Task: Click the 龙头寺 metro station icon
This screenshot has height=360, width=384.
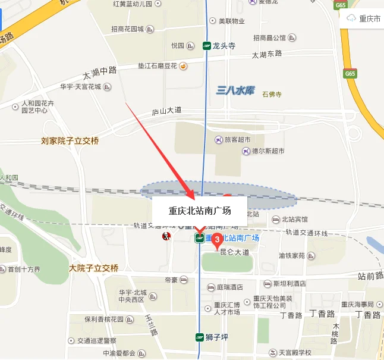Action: click(x=207, y=45)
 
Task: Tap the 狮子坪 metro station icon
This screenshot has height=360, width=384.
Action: click(x=201, y=337)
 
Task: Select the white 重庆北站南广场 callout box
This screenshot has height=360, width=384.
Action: click(x=199, y=210)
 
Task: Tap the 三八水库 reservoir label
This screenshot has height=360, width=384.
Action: click(x=235, y=90)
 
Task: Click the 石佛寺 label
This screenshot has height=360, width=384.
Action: click(x=272, y=94)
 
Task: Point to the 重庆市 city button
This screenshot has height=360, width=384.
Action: click(x=364, y=18)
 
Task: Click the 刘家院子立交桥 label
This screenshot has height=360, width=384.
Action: click(x=70, y=141)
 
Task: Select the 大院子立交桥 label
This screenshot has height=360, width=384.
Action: click(x=93, y=268)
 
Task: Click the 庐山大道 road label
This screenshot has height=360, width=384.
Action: click(x=166, y=111)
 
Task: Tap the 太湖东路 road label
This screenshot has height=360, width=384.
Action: click(x=266, y=54)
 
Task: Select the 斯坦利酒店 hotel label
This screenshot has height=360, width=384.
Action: click(x=289, y=284)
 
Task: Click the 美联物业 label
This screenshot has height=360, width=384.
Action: click(x=232, y=21)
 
